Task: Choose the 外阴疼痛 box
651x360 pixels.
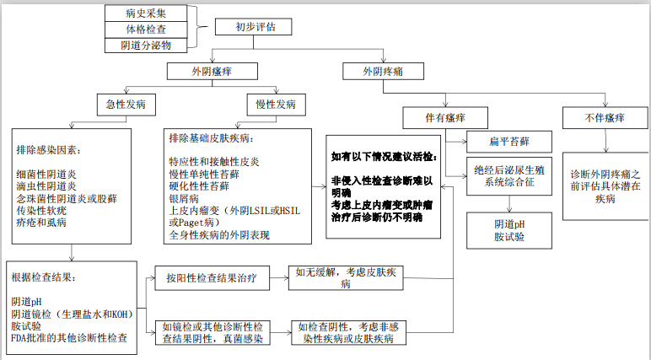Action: tap(380, 72)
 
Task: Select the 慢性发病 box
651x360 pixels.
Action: tap(275, 105)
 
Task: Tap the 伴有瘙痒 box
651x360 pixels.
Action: tap(444, 116)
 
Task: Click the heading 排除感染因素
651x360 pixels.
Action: tap(50, 150)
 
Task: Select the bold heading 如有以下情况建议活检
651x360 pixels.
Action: tap(382, 157)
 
